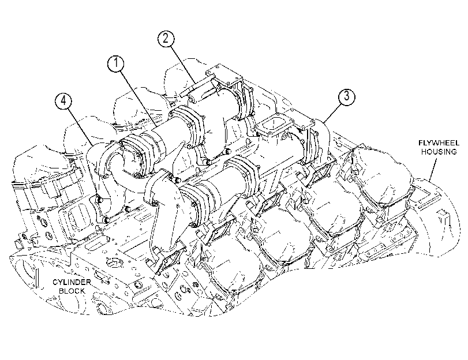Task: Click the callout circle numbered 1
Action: tap(116, 63)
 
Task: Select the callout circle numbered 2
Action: tap(166, 39)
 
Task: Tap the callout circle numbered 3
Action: tap(346, 96)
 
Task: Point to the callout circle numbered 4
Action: tap(63, 101)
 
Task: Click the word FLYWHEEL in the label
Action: tap(439, 143)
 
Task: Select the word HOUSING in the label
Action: tap(439, 152)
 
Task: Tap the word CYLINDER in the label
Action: tap(72, 282)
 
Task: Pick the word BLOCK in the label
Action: tap(72, 291)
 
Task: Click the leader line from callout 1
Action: tap(138, 97)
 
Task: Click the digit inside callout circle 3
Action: tap(346, 96)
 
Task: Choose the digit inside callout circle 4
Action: tap(63, 101)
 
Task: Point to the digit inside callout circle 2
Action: tap(166, 39)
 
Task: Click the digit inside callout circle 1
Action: tap(116, 63)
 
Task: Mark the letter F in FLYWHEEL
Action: tap(420, 143)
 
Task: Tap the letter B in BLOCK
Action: tap(61, 291)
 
